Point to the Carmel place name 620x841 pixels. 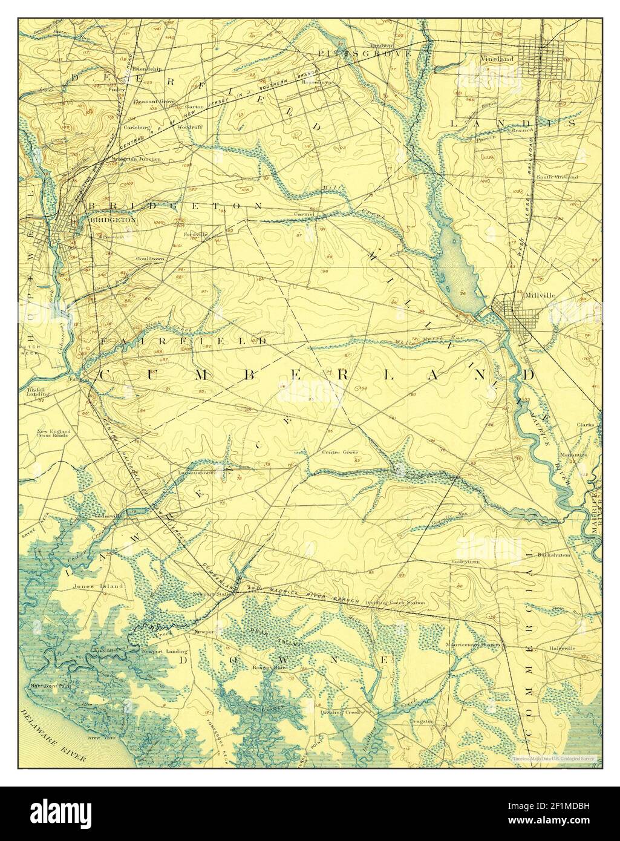click(x=304, y=214)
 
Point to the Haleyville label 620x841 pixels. click(x=562, y=648)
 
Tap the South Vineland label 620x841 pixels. click(x=557, y=177)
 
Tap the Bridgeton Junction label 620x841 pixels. click(x=140, y=159)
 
